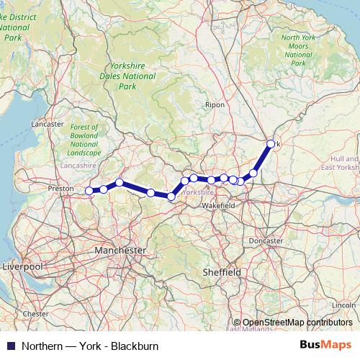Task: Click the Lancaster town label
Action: point(48,124)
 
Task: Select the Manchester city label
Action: point(120,250)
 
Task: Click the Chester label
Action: point(35,314)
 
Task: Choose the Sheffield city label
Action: point(221,272)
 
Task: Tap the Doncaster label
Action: point(265,240)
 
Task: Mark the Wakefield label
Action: point(218,206)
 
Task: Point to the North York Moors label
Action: point(300,50)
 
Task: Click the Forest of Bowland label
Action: point(85,140)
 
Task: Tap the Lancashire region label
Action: point(79,166)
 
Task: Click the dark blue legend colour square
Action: point(10,346)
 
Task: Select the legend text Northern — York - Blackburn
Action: point(90,346)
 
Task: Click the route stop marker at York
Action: point(271,144)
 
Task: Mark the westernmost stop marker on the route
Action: point(89,191)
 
